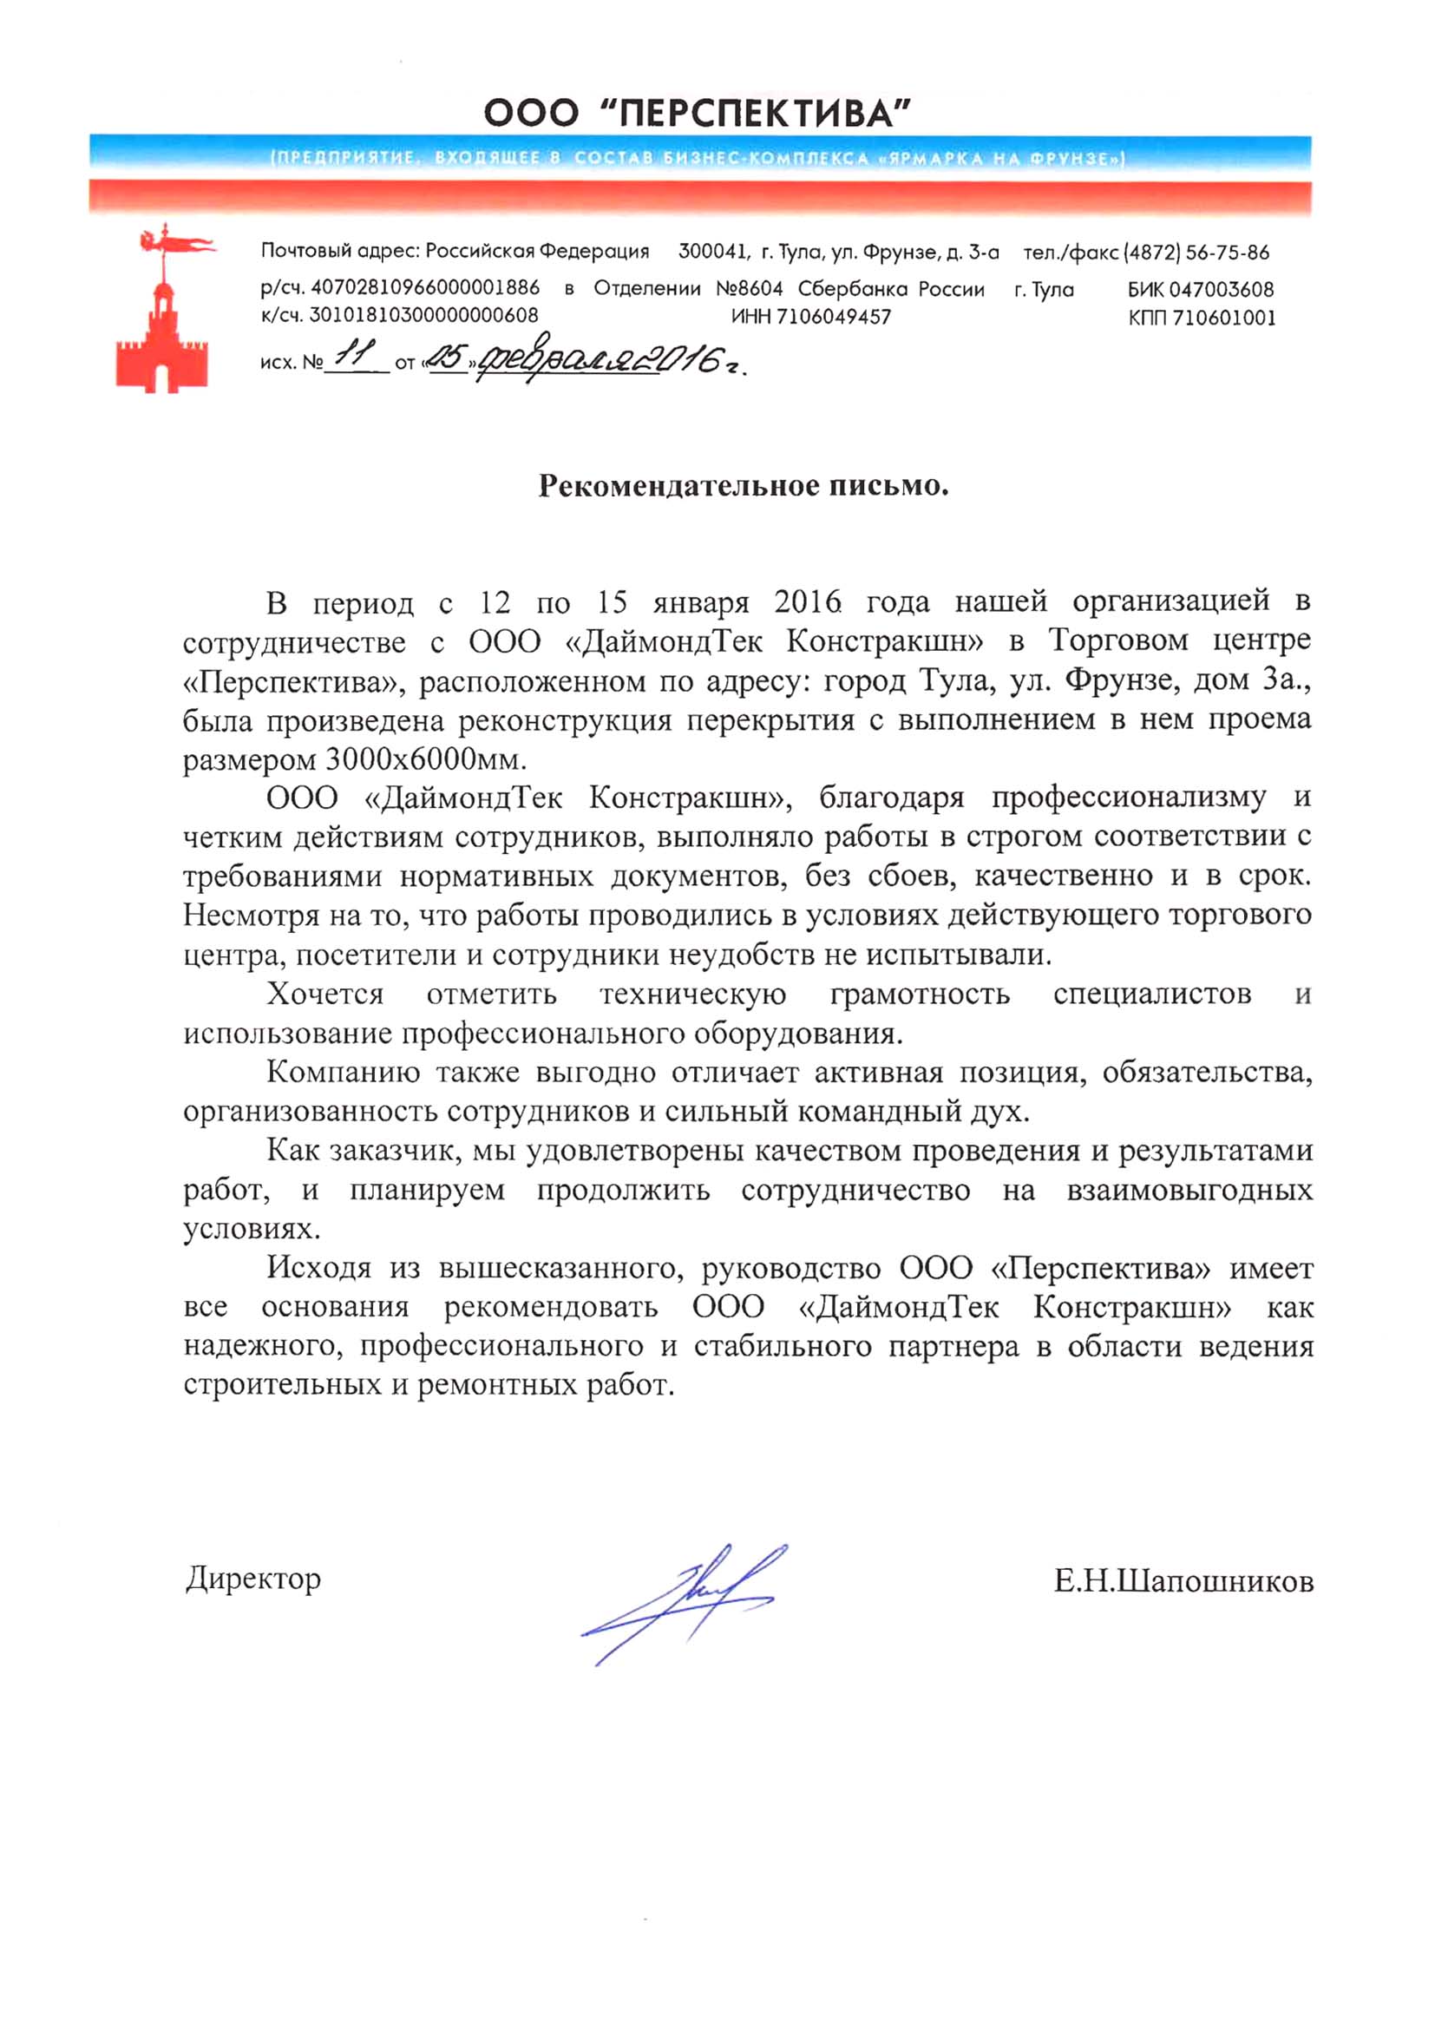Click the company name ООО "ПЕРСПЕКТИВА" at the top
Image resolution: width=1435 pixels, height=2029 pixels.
698,113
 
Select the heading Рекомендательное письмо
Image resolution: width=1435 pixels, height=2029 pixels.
744,486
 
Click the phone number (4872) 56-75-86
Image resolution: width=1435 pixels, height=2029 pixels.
1196,253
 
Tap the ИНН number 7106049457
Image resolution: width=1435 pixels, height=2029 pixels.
834,318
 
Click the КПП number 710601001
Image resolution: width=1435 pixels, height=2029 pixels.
1225,318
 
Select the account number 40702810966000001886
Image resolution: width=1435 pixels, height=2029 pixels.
425,288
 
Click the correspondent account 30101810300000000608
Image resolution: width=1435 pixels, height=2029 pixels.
423,316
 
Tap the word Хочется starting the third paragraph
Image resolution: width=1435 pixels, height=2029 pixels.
325,995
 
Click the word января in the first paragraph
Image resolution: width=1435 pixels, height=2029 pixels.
701,603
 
